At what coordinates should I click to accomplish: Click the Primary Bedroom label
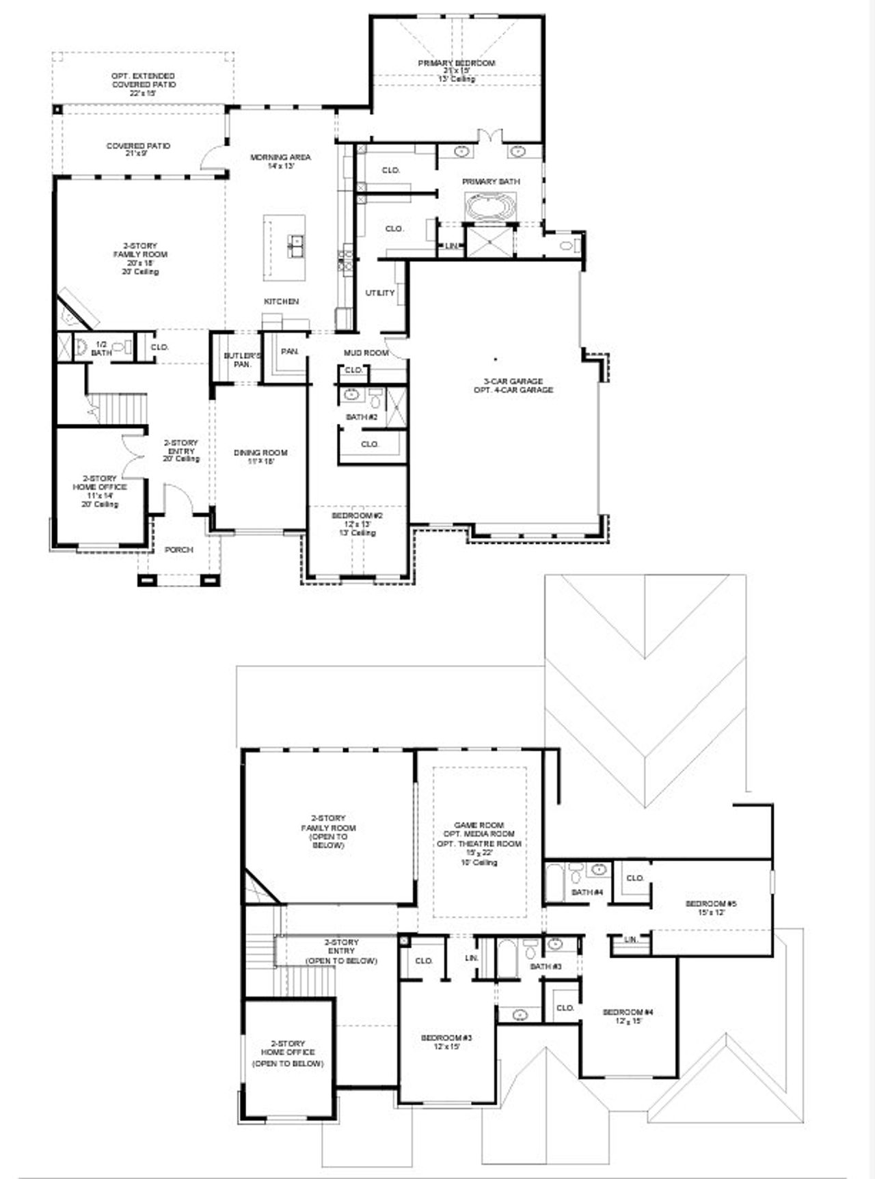pos(457,63)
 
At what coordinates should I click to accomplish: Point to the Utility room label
pos(380,293)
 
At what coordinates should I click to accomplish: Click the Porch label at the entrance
pos(179,550)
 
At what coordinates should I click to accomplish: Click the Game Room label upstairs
pos(479,825)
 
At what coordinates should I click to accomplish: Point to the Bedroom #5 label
pos(711,904)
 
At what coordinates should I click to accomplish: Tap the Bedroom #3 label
pos(446,1038)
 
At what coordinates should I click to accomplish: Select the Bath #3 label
pos(546,966)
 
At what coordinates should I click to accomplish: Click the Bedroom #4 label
pos(628,1012)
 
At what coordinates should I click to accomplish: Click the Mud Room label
pos(366,353)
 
